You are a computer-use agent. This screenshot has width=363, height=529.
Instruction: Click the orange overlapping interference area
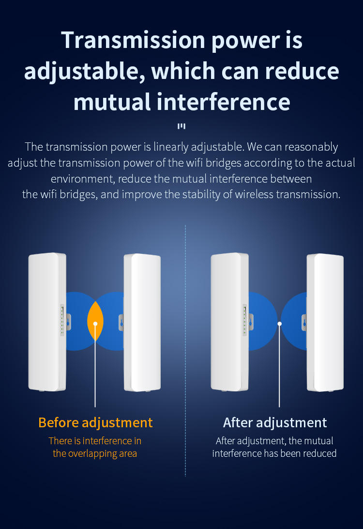(x=95, y=321)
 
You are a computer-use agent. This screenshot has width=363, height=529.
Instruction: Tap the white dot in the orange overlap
(x=95, y=324)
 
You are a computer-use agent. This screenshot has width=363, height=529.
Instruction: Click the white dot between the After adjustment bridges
(x=279, y=324)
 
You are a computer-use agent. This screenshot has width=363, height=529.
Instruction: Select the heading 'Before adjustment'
(x=95, y=422)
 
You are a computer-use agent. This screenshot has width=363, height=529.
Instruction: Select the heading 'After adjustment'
(x=275, y=422)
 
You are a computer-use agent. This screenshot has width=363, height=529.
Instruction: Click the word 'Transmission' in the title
(x=133, y=40)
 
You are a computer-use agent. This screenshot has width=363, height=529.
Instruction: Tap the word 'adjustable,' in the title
(x=85, y=72)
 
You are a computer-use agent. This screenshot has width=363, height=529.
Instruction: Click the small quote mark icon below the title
(x=181, y=126)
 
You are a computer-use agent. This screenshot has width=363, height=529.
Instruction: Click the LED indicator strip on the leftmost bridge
(x=62, y=320)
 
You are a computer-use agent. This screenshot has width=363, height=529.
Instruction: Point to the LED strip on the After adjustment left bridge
(x=245, y=320)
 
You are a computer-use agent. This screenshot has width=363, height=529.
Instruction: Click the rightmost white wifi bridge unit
(x=325, y=323)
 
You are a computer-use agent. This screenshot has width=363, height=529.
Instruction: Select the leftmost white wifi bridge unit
(x=47, y=322)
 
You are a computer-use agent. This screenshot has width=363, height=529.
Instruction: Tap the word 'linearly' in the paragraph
(x=171, y=147)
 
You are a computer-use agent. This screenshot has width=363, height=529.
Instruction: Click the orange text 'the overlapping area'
(x=95, y=453)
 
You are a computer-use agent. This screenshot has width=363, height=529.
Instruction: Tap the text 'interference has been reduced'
(x=274, y=453)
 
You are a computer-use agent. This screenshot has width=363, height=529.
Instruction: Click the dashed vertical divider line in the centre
(x=185, y=351)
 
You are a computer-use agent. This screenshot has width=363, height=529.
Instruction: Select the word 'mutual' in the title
(x=112, y=102)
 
